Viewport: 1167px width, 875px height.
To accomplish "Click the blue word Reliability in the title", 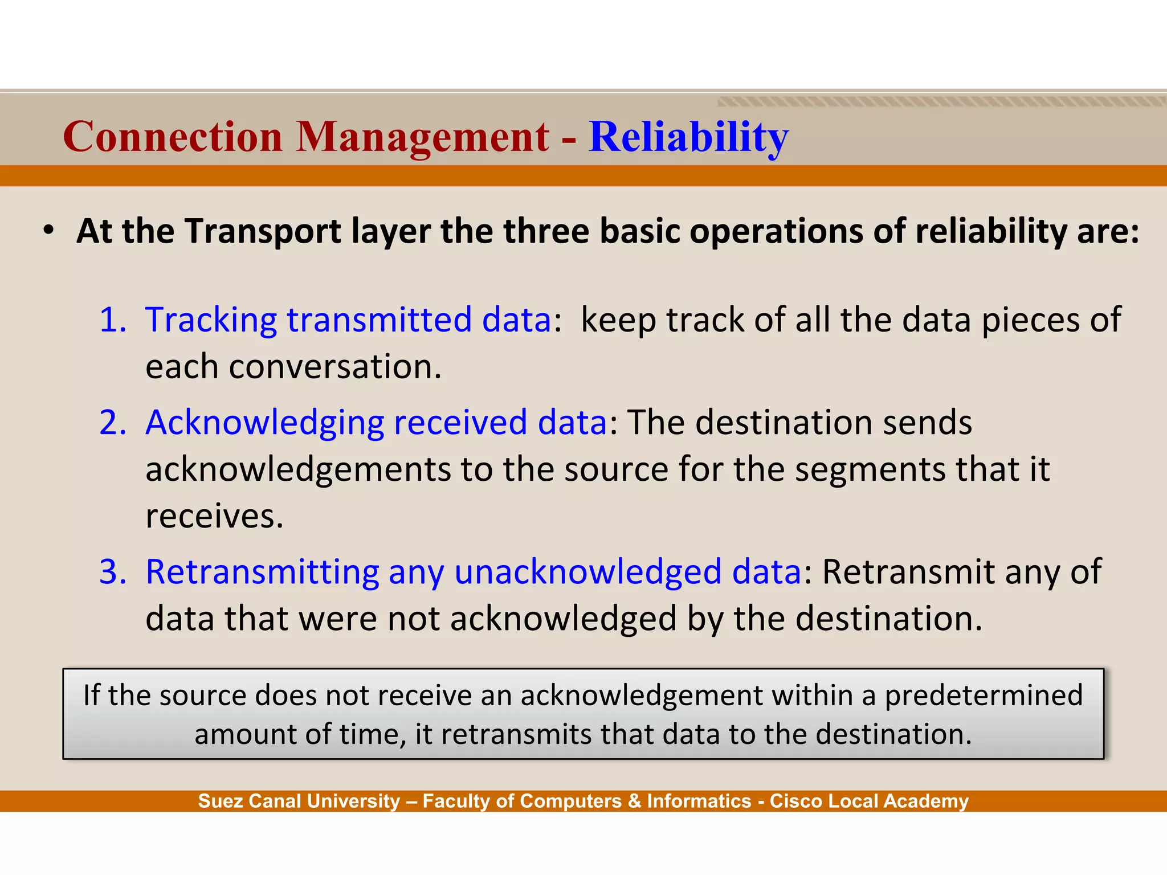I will [688, 137].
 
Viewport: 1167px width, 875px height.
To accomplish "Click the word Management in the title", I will [422, 137].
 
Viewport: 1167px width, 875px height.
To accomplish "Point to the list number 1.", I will [112, 320].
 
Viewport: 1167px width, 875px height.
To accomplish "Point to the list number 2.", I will [112, 423].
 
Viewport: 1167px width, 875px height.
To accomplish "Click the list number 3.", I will [112, 571].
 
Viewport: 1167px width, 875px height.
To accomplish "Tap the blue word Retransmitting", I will [262, 572].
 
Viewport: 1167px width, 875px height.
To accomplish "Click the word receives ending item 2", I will [214, 517].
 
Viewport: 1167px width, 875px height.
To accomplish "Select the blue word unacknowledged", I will [587, 572].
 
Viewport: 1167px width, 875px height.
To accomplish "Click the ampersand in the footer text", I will [634, 802].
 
